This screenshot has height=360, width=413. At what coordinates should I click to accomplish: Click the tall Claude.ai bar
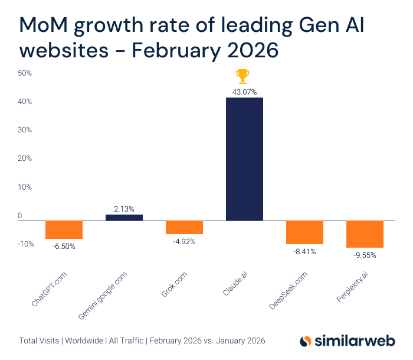pos(244,158)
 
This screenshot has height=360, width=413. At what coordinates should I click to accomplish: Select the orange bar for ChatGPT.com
pos(64,229)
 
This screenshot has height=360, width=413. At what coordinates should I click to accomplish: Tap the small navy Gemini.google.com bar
pos(124,218)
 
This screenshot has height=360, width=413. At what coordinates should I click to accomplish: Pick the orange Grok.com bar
pos(184,227)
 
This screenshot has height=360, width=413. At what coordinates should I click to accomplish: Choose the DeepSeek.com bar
pos(304,232)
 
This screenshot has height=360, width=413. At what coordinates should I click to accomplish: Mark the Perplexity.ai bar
pos(365,234)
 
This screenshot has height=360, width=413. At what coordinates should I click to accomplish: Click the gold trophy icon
pos(242,76)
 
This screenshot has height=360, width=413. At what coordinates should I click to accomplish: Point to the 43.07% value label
pos(244,92)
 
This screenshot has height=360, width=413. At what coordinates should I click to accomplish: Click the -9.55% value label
pos(364,255)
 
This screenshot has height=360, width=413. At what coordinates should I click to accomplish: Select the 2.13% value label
pos(124,209)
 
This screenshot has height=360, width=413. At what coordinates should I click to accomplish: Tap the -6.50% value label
pos(64,247)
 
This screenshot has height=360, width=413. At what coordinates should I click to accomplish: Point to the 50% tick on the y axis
pos(25,73)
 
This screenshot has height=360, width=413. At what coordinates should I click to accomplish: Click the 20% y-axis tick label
pos(25,159)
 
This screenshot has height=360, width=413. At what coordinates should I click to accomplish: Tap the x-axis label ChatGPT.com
pos(54,288)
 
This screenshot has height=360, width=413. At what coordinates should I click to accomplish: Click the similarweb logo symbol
pos(306,342)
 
